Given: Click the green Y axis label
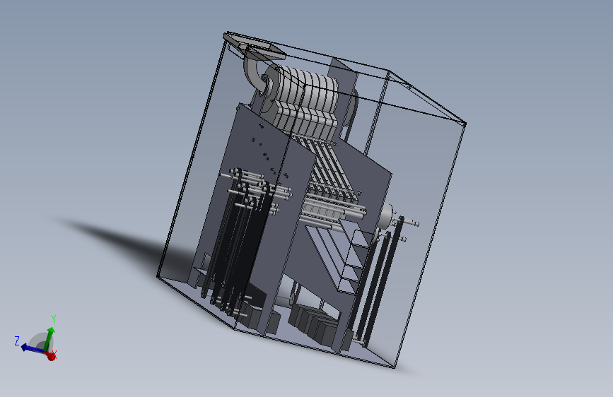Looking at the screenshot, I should tap(54, 319).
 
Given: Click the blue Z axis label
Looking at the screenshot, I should tap(16, 340).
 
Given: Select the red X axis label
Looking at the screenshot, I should tap(55, 355).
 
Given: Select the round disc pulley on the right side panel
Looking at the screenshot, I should tap(387, 218).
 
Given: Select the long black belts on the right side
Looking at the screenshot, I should tap(378, 283).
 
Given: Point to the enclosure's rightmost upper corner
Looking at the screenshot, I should tap(465, 125).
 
